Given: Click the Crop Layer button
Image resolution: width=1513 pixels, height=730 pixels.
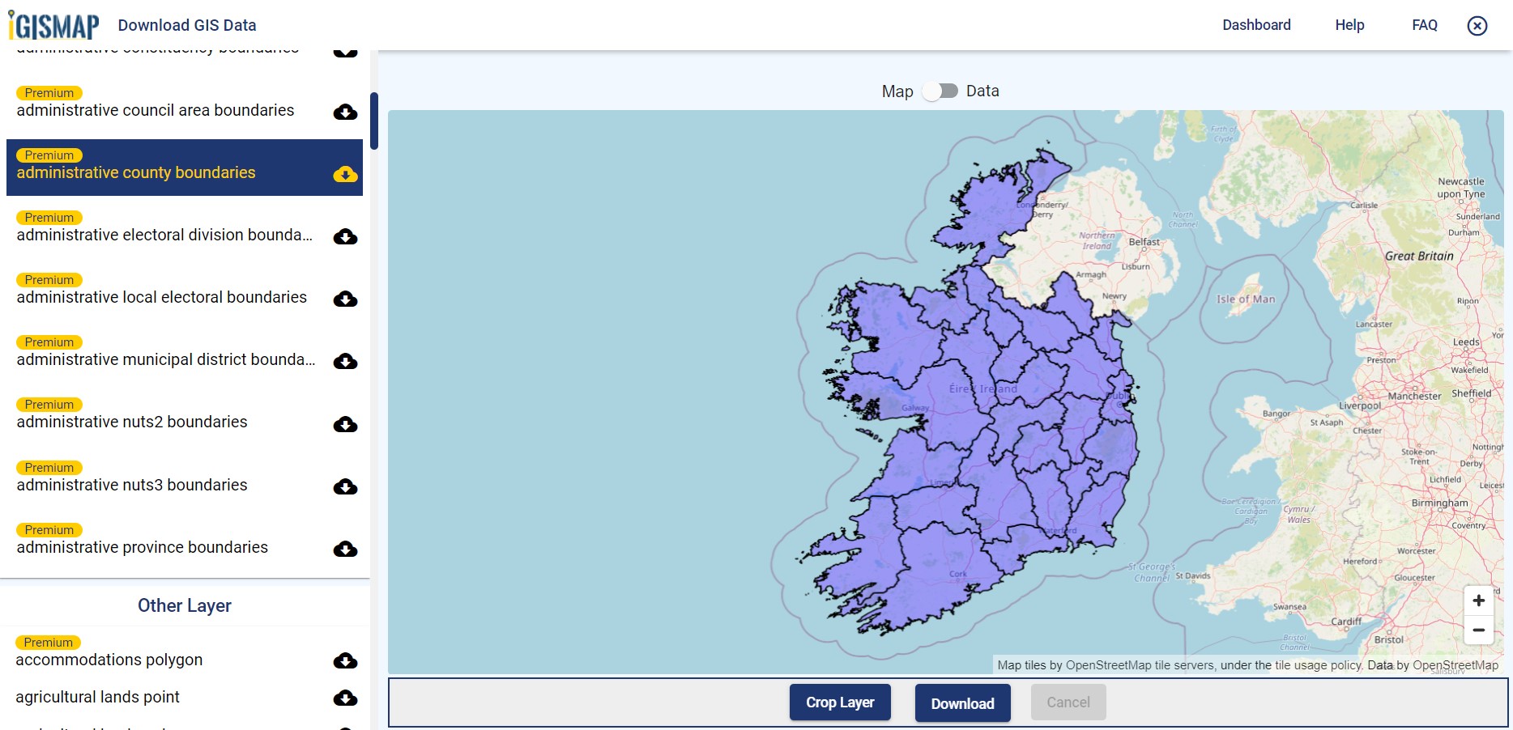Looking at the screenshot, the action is point(840,702).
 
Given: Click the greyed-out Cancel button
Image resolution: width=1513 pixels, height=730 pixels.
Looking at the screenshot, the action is point(1068,702).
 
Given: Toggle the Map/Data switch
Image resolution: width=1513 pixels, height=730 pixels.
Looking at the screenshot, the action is point(940,91).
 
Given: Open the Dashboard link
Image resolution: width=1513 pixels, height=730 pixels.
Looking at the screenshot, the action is point(1256,25).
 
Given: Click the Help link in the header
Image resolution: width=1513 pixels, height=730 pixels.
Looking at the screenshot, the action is point(1349,25).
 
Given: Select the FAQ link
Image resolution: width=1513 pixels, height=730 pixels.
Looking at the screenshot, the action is point(1424,25).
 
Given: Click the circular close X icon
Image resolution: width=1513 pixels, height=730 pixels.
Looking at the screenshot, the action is point(1477,26).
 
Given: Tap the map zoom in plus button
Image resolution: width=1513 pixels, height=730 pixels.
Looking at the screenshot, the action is point(1478,601).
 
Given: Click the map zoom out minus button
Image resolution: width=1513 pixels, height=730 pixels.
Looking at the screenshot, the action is point(1478,630).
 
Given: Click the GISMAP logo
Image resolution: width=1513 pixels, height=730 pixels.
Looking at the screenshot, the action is point(54,25).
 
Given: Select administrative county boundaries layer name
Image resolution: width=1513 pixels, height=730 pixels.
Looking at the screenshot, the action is point(136,172).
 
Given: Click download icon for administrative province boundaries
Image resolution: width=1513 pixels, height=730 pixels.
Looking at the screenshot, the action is point(345,550).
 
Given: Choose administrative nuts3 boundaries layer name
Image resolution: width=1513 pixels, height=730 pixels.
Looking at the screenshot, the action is point(132,485).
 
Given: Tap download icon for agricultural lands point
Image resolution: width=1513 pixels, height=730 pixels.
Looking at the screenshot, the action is point(345,698).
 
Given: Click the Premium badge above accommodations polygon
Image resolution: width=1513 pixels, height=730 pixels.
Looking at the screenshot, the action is point(48,643).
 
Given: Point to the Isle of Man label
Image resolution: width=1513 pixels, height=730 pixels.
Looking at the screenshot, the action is point(1246,299).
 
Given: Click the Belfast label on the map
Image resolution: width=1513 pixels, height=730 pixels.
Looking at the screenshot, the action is point(1144,242).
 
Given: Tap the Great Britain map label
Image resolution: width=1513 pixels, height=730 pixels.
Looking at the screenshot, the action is point(1419,256).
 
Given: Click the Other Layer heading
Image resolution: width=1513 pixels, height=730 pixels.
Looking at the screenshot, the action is point(185,605).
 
